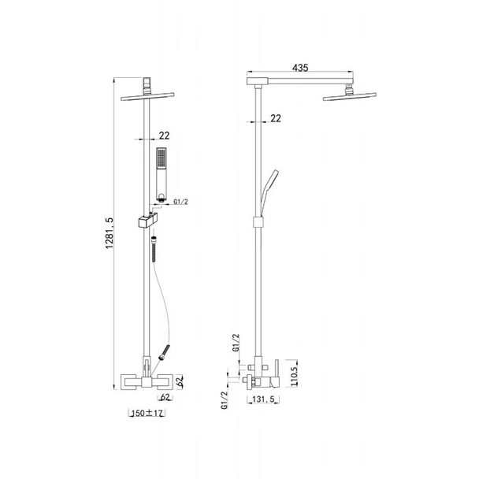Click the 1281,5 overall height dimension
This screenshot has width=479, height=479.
(109, 232)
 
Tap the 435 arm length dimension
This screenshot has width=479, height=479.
(300, 68)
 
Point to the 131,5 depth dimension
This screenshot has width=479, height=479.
(264, 399)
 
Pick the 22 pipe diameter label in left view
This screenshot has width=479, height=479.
(164, 136)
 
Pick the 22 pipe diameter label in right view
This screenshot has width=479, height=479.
(276, 118)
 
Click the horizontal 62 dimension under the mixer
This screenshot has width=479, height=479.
(165, 397)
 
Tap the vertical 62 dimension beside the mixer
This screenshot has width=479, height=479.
(180, 381)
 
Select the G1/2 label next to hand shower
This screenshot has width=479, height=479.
(180, 202)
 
